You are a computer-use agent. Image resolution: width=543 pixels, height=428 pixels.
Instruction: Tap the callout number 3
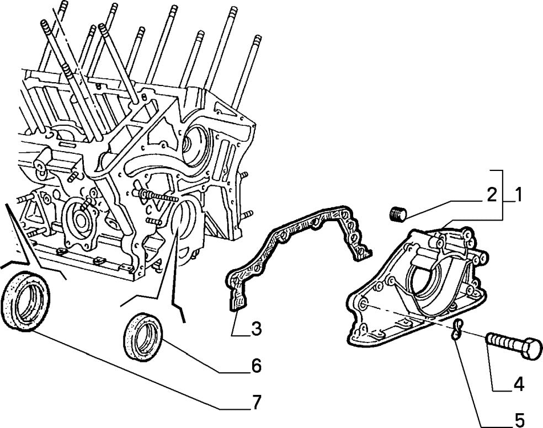255,329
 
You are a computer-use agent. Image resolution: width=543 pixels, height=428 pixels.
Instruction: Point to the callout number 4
518,384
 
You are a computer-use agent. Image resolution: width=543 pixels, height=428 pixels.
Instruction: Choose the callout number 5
519,420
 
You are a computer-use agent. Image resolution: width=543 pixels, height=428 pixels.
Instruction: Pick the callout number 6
256,366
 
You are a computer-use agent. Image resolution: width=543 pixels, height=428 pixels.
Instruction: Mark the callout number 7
255,403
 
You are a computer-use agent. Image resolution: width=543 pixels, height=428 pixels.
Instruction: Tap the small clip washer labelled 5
456,329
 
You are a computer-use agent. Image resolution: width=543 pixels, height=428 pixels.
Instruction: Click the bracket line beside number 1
502,195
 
